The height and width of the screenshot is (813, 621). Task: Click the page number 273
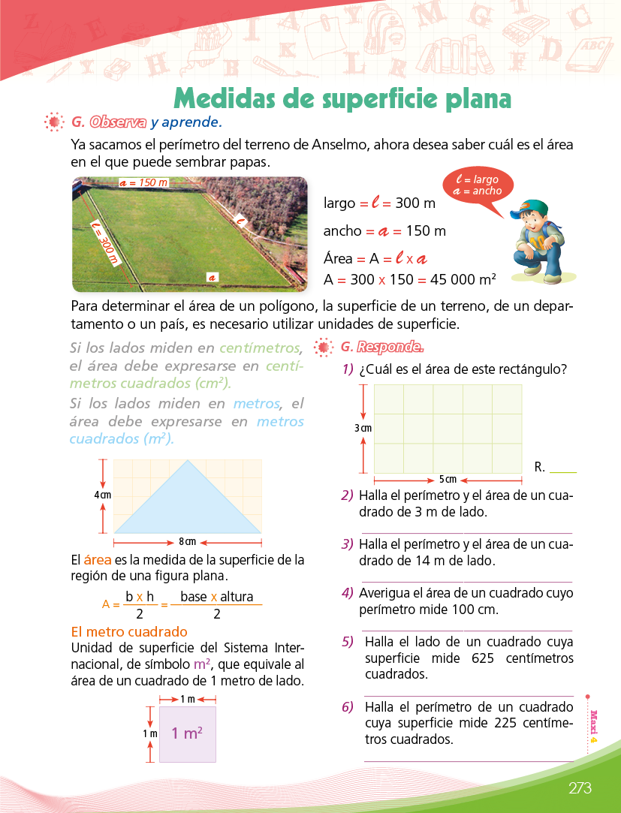[580, 788]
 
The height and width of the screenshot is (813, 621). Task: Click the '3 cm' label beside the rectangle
[363, 428]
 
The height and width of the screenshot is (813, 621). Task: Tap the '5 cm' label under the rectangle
[448, 479]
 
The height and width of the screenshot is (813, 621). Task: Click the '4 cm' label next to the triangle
[103, 495]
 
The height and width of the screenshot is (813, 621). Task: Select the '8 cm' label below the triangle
[187, 540]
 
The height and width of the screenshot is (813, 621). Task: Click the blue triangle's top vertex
[187, 461]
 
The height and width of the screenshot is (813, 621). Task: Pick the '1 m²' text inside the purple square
[187, 733]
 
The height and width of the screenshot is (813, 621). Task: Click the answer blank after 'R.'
[563, 468]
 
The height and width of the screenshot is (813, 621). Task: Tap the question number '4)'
[347, 593]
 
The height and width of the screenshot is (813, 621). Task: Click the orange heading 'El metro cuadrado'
[128, 632]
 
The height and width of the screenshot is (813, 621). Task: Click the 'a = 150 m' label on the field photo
[143, 183]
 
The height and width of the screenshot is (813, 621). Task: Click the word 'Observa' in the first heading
[117, 122]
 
